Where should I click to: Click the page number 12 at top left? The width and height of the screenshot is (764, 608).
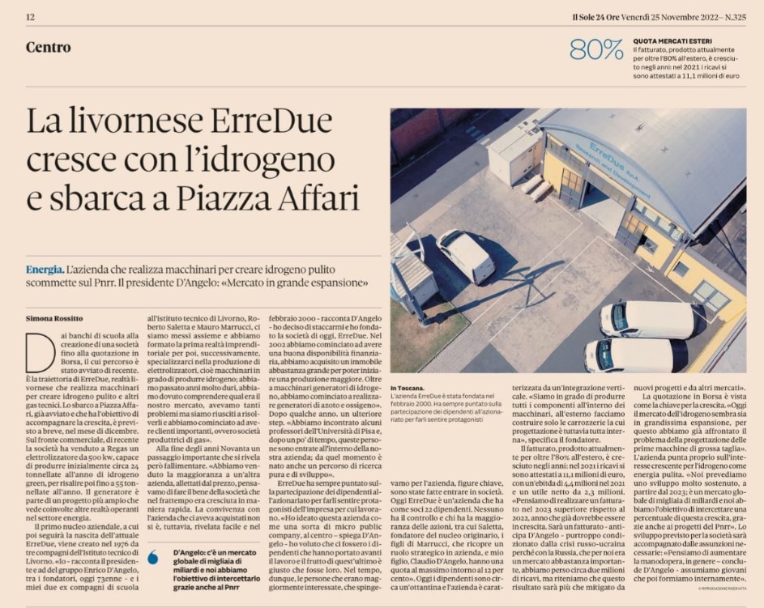[30, 17]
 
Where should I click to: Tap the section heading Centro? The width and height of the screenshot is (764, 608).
[48, 48]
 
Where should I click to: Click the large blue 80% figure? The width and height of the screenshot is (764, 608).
[596, 50]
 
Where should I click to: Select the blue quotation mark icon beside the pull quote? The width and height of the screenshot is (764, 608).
[152, 557]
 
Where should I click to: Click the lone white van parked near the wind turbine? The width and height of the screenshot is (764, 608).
[465, 255]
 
